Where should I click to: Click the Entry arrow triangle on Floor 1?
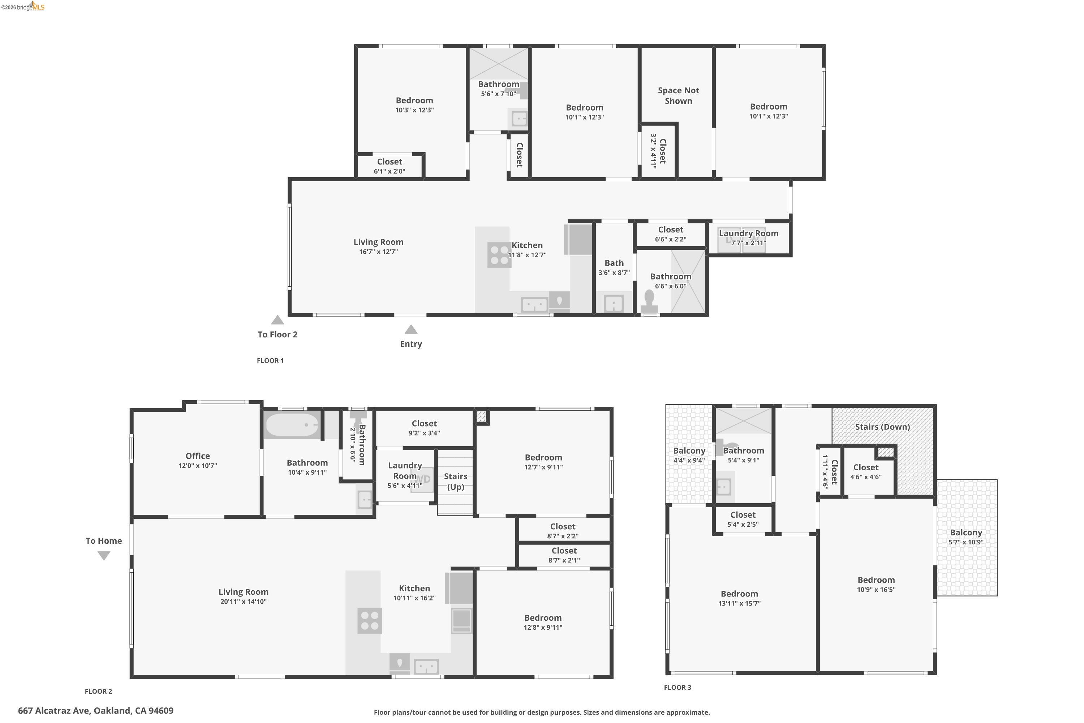410,330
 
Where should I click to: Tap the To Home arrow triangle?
104,556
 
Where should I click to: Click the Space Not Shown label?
678,95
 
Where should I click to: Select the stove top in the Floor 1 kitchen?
499,255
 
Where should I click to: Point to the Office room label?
197,455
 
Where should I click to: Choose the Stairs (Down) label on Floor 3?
882,427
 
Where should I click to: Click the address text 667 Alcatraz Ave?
95,711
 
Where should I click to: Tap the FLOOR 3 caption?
677,688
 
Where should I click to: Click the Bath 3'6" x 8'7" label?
614,268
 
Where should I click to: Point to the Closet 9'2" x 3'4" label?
424,427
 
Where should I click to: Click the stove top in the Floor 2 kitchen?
369,621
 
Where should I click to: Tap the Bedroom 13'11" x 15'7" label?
739,598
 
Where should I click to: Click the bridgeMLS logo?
23,7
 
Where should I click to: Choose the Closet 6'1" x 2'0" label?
390,166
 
